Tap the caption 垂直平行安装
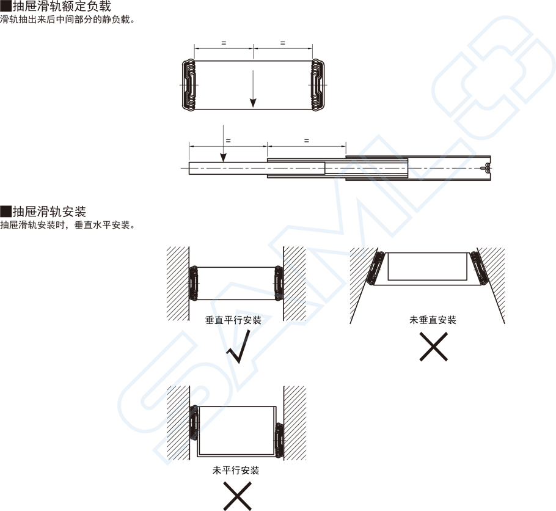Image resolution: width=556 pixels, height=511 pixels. [x=233, y=320]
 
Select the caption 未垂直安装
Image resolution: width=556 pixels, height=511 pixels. [x=433, y=320]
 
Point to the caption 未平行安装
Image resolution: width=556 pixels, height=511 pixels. [x=236, y=471]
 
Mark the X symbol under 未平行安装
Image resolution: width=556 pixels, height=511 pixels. [x=237, y=496]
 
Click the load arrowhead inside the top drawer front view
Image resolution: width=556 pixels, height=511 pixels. [x=253, y=103]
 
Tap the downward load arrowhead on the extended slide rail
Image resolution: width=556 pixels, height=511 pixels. [x=223, y=157]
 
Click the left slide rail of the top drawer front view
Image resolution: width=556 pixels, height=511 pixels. [x=189, y=86]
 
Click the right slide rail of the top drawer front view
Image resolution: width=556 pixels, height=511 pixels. [x=316, y=86]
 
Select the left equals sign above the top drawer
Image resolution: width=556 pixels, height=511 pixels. [x=224, y=43]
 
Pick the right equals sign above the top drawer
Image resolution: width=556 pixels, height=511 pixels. [x=282, y=43]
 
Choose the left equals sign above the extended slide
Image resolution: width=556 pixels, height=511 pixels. [x=228, y=141]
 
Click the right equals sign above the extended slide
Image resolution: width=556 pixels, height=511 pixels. [x=306, y=141]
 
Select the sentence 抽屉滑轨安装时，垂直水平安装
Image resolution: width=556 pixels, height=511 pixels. [x=67, y=225]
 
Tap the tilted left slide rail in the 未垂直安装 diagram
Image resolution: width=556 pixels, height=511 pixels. [x=375, y=268]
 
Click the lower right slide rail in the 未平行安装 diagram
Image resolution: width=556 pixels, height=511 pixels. [x=279, y=439]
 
